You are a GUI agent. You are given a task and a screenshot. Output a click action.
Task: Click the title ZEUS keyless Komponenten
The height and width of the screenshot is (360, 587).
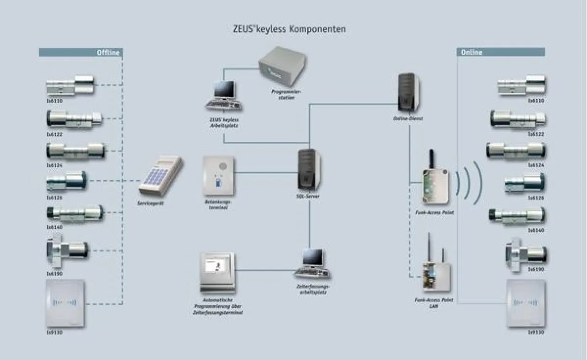[x=289, y=29]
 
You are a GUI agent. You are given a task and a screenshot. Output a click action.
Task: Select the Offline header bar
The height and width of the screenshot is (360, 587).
[x=80, y=52]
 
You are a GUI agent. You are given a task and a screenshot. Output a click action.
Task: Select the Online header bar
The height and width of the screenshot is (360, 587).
[x=500, y=52]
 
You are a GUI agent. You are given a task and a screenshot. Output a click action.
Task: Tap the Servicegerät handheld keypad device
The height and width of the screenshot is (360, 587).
[x=160, y=176]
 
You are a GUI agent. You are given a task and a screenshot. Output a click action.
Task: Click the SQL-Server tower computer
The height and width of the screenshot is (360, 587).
[x=309, y=169]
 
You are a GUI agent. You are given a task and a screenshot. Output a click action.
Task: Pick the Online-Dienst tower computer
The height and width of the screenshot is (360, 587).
[x=408, y=93]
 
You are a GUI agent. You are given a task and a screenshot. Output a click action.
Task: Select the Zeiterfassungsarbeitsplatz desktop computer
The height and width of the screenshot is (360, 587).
[x=311, y=265]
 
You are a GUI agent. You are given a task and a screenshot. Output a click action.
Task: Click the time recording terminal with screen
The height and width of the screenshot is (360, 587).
[x=217, y=273]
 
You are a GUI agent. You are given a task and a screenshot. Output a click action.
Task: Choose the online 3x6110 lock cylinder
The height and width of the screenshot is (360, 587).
[x=521, y=86]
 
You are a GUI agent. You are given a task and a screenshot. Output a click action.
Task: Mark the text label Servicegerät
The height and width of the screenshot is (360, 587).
[x=151, y=202]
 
